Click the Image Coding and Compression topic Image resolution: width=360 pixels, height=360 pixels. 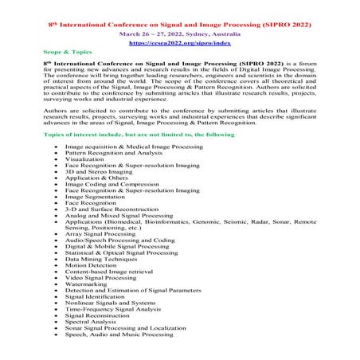point(108,185)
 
